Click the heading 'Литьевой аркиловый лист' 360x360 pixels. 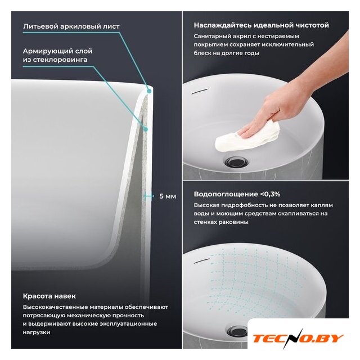(71, 26)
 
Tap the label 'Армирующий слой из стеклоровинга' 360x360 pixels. (57, 55)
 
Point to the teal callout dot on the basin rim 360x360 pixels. (149, 91)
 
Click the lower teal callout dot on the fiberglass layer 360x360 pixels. (145, 129)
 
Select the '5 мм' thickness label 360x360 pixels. (168, 196)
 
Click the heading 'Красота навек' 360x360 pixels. (49, 296)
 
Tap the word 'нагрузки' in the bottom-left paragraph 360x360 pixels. (37, 332)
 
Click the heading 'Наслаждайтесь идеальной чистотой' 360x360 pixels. (261, 25)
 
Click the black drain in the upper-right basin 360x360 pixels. (236, 162)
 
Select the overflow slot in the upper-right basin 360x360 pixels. (200, 91)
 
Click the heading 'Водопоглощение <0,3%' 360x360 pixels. (237, 194)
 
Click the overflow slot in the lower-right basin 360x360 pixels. (201, 261)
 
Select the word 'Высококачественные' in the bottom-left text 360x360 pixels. (55, 307)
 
